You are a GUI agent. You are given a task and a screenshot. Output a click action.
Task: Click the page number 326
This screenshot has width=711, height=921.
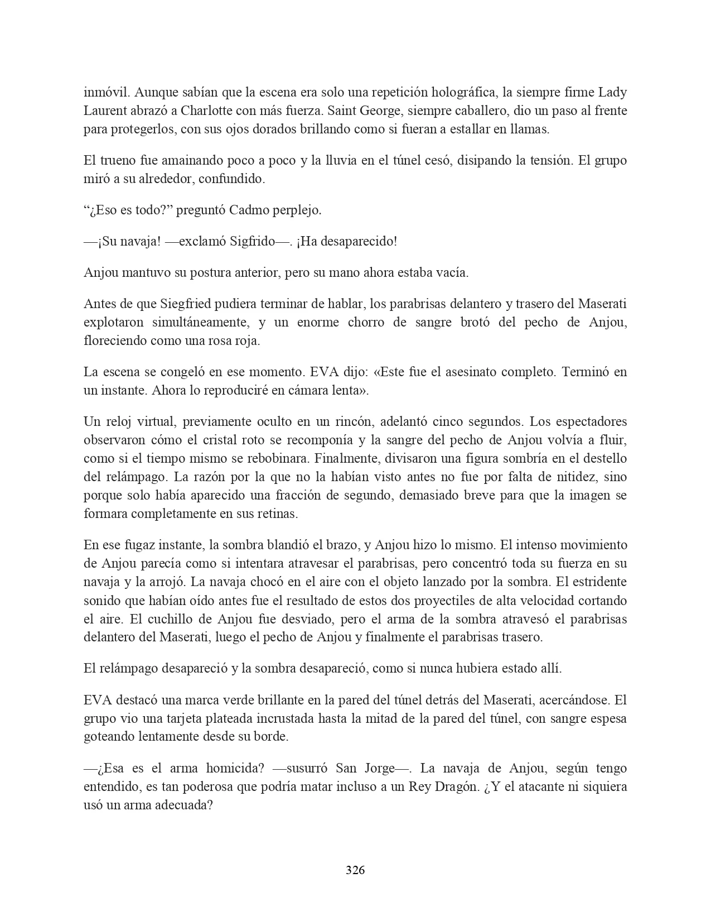click(x=355, y=870)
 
